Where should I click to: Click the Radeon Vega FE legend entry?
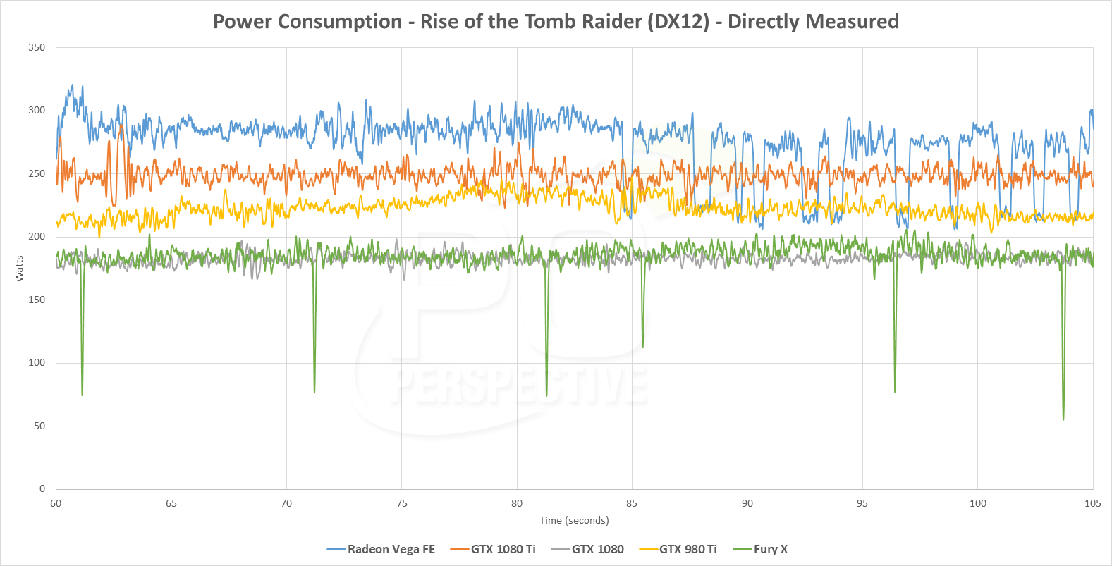(391, 549)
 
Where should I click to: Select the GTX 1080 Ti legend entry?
(503, 549)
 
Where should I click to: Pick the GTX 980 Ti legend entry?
(688, 549)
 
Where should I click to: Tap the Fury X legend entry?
(770, 549)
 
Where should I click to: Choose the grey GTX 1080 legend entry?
(597, 549)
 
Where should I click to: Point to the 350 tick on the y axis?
(37, 48)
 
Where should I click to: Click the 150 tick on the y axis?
(37, 300)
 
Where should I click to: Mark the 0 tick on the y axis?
(42, 488)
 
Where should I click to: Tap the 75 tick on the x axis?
(402, 503)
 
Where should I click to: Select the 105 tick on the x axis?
(1092, 503)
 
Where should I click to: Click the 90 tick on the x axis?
(747, 503)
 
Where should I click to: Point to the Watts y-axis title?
(19, 269)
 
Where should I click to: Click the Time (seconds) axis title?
(574, 520)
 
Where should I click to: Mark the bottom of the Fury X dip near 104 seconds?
(1063, 419)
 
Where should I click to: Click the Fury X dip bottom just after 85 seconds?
(642, 346)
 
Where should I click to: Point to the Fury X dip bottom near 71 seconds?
(314, 391)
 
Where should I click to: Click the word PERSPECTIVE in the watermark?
(520, 386)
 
